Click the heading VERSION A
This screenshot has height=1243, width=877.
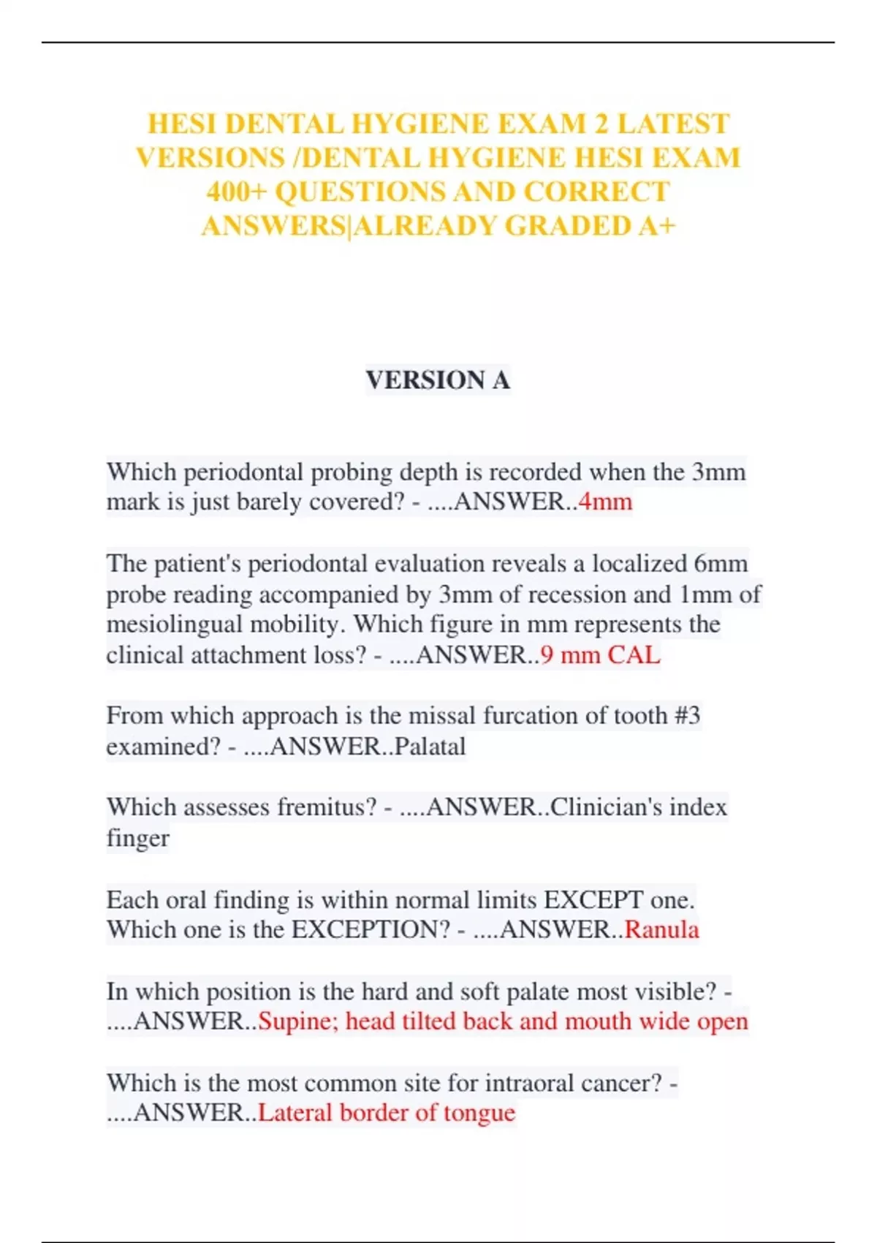pos(438,380)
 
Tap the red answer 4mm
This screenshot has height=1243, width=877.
pos(605,502)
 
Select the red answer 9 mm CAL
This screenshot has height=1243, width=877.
pos(600,655)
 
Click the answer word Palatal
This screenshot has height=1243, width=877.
pos(430,747)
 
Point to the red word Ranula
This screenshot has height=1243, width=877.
pos(661,930)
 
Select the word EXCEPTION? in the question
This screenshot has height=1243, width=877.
pos(371,930)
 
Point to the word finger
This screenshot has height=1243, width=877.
pos(137,839)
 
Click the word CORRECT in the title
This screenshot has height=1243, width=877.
pos(596,192)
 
